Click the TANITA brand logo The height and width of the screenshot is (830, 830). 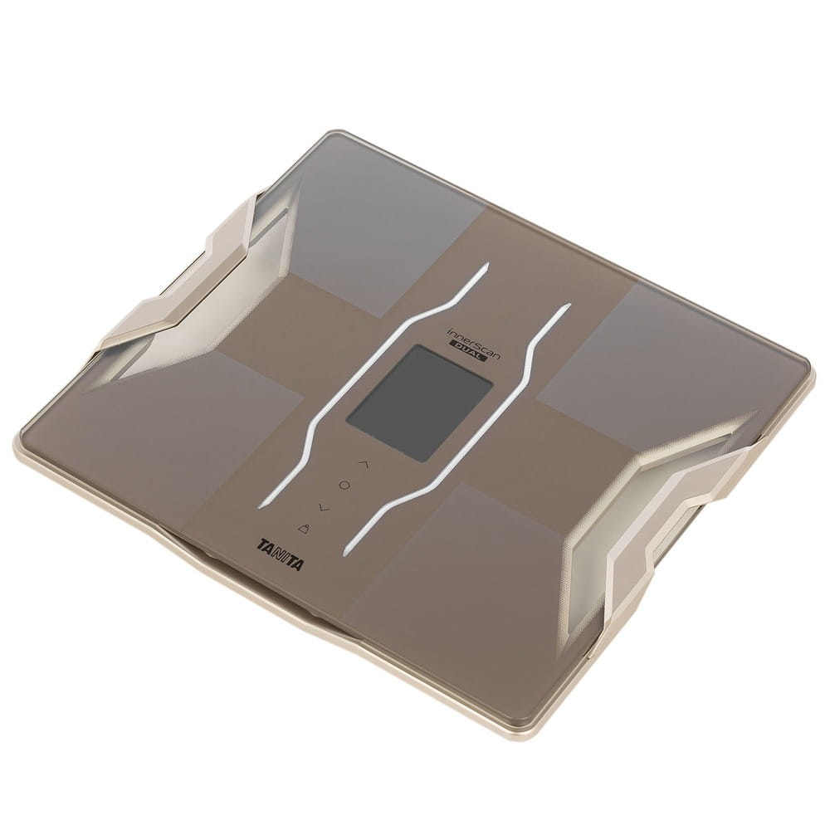point(281,555)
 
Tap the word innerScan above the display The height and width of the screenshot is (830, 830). point(473,339)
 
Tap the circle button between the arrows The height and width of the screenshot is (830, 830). point(344,485)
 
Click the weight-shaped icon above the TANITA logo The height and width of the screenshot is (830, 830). point(305,528)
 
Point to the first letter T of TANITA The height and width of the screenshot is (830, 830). point(263,545)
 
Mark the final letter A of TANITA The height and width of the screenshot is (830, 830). point(298,564)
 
